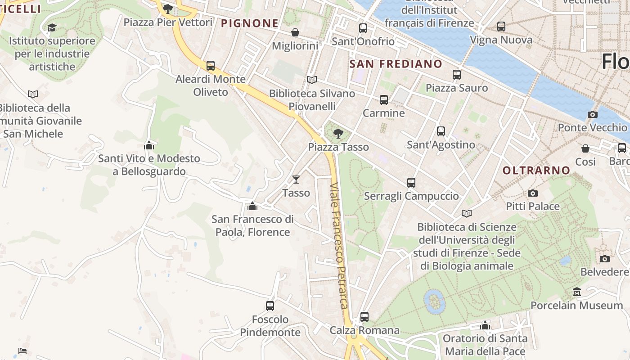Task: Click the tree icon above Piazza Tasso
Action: point(338,133)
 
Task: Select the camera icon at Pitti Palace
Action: point(533,193)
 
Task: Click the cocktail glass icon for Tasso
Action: point(296,180)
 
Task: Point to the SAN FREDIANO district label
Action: point(396,64)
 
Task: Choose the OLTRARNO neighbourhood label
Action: point(536,171)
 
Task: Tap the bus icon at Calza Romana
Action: point(364,317)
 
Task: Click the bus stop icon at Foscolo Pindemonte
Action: point(270,306)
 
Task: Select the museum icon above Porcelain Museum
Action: point(577,292)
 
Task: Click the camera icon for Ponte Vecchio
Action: point(593,114)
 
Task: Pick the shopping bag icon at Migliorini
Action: point(295,32)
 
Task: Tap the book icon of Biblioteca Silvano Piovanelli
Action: point(311,80)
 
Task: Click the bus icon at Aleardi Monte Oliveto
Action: point(211,66)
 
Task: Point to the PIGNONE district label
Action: point(250,23)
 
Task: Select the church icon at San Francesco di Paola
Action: point(252,206)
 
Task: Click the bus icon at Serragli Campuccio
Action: point(411,183)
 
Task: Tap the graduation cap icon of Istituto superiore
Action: point(52,28)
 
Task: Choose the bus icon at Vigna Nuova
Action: point(501,27)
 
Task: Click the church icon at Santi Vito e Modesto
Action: point(149,145)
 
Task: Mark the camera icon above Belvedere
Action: point(605,259)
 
